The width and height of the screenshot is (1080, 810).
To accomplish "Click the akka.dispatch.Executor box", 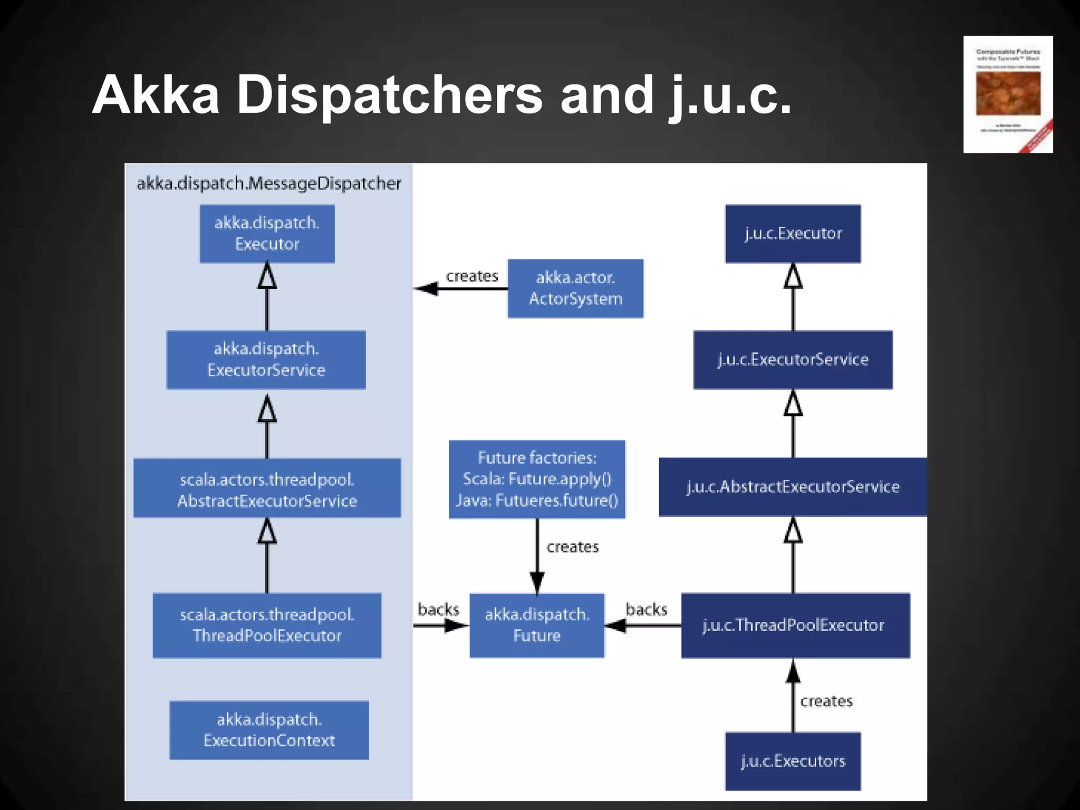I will tap(267, 234).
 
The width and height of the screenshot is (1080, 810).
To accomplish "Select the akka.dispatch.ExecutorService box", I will tap(266, 360).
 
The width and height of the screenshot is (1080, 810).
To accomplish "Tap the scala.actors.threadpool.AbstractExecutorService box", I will tap(267, 488).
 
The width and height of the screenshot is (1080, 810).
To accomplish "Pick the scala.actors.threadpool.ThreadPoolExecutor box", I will tap(267, 625).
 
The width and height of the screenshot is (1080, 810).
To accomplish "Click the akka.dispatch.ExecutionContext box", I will tap(269, 730).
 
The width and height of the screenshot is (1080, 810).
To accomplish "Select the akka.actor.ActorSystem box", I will tap(575, 288).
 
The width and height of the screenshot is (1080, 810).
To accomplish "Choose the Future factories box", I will tap(537, 479).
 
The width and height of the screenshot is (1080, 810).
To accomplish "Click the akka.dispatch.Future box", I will tap(537, 625).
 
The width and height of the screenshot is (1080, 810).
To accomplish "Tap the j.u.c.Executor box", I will tap(793, 234).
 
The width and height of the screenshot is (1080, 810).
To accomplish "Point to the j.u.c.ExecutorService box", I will tap(793, 360).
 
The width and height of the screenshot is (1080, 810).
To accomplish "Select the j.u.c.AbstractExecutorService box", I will tap(793, 487).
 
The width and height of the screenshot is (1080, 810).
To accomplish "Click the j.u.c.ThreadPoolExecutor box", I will tap(795, 625).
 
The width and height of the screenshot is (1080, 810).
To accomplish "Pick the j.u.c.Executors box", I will tap(793, 761).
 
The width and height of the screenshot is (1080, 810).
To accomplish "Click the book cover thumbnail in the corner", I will tap(1008, 94).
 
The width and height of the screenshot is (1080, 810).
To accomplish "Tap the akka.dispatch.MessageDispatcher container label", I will tap(269, 184).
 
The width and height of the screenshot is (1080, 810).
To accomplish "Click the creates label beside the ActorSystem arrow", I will tap(472, 276).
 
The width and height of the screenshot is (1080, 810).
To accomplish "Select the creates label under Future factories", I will tap(573, 547).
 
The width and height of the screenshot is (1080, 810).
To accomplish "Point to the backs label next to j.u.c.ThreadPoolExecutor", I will tap(647, 610).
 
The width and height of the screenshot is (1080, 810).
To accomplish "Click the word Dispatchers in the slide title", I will tap(390, 95).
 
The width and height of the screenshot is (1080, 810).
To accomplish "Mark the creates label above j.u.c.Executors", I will tap(826, 701).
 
